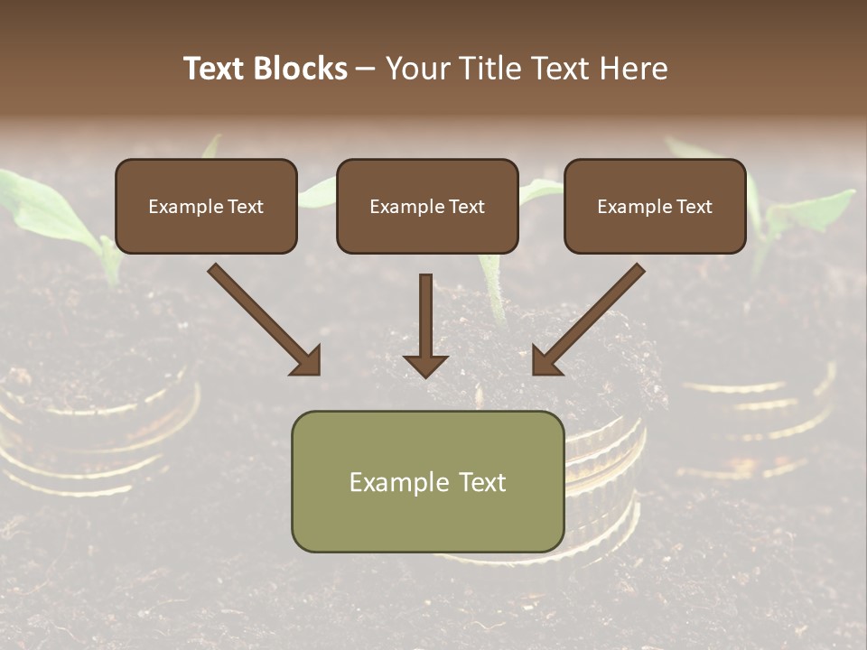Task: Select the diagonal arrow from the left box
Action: [262, 318]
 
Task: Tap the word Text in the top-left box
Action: [245, 207]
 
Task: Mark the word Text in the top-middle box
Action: [466, 207]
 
